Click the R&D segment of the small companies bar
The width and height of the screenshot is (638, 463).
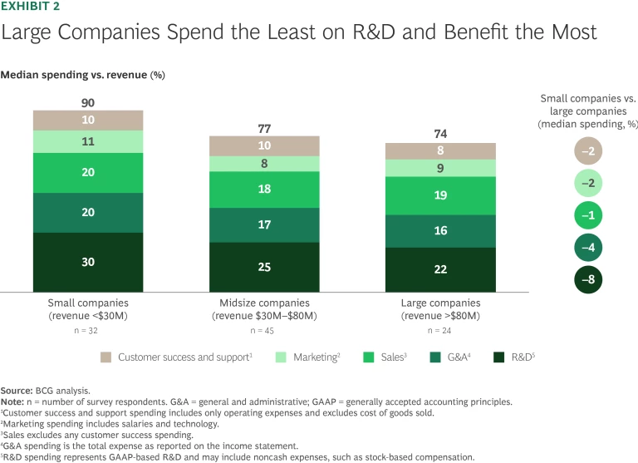point(88,262)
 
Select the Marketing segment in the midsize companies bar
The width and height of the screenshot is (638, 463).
point(264,164)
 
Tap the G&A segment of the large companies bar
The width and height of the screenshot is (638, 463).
point(440,231)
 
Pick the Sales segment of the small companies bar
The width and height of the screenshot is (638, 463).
point(88,172)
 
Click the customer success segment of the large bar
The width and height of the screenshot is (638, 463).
point(440,151)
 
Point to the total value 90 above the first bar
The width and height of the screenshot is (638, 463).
point(88,102)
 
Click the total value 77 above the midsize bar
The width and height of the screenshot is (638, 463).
point(264,128)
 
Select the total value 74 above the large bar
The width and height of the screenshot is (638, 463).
point(440,135)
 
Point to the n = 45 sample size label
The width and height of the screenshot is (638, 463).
point(264,330)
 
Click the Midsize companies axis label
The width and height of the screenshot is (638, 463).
point(264,303)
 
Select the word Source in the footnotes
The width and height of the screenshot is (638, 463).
point(17,390)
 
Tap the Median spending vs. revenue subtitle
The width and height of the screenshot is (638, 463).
point(82,75)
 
